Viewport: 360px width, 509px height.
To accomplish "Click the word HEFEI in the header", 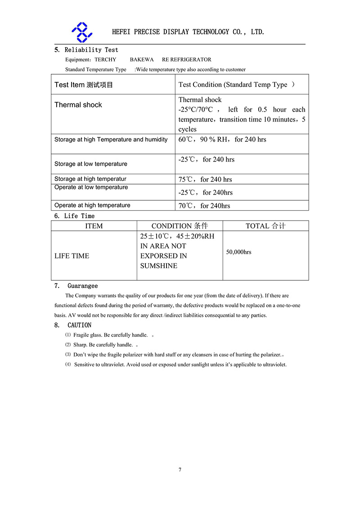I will (121, 32).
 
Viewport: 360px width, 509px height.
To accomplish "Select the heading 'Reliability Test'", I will (91, 50).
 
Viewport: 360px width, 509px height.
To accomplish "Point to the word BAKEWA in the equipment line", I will (142, 59).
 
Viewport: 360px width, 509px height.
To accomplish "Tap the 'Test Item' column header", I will (84, 85).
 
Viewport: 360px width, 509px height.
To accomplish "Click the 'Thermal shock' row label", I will (78, 105).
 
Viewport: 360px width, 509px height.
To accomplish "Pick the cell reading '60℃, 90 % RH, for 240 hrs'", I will (222, 140).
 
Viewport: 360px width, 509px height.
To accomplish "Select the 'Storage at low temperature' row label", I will (91, 164).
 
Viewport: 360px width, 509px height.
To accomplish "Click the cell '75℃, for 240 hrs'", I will (205, 180).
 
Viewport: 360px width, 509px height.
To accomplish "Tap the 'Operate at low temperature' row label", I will (91, 187).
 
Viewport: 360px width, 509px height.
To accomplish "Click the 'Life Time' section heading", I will (79, 216).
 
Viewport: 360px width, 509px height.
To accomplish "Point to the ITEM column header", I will (94, 226).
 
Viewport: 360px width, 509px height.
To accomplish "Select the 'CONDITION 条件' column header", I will (180, 226).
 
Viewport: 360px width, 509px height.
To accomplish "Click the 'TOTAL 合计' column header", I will (265, 226).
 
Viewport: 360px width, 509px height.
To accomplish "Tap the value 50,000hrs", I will (238, 252).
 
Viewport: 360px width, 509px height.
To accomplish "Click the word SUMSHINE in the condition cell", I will (159, 266).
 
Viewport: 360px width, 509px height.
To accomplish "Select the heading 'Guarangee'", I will (83, 286).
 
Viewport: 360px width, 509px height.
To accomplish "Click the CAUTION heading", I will (80, 325).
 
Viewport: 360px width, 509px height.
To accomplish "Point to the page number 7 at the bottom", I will (180, 470).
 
